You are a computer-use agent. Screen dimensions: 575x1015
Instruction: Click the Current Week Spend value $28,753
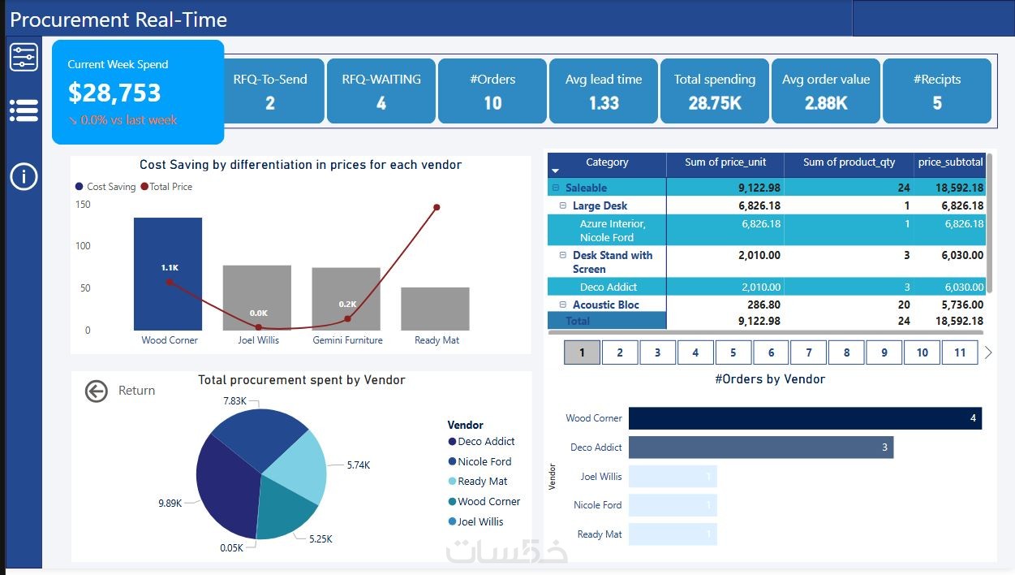(114, 93)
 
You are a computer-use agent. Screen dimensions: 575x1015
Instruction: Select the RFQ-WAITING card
(381, 91)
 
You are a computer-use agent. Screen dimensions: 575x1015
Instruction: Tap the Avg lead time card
(604, 91)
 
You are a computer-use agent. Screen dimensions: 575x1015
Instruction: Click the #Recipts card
(937, 91)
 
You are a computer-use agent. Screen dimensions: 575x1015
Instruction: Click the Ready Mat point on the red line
(437, 207)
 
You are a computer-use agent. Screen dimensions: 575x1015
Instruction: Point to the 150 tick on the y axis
(83, 204)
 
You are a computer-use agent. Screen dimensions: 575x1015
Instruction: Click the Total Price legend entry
(170, 187)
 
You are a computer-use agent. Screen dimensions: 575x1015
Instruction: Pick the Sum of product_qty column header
(849, 162)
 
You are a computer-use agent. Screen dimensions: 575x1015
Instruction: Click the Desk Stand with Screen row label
(613, 262)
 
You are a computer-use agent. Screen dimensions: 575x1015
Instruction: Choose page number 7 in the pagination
(809, 352)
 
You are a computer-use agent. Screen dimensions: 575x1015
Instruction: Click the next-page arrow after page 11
(988, 352)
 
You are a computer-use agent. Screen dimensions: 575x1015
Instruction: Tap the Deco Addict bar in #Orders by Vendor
(760, 447)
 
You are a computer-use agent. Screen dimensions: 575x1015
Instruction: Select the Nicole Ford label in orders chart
(597, 505)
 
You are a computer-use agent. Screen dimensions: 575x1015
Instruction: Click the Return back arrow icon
(97, 391)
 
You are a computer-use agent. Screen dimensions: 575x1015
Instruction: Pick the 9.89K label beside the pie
(170, 504)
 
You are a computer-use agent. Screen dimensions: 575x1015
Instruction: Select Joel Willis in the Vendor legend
(480, 521)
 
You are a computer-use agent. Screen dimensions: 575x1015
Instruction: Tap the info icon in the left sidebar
(24, 176)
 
